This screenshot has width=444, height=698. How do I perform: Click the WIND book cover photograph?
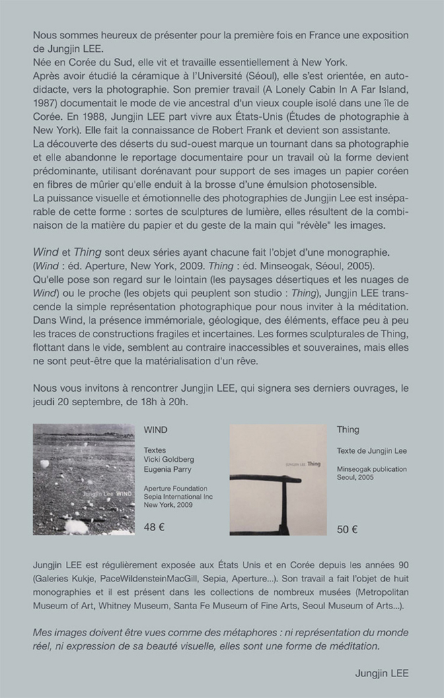(x=83, y=479)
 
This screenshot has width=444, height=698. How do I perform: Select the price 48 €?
(x=155, y=527)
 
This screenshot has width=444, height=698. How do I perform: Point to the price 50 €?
(x=347, y=529)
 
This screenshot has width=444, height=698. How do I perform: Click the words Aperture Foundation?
(x=176, y=488)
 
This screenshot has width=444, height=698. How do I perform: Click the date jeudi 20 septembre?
(x=75, y=403)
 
